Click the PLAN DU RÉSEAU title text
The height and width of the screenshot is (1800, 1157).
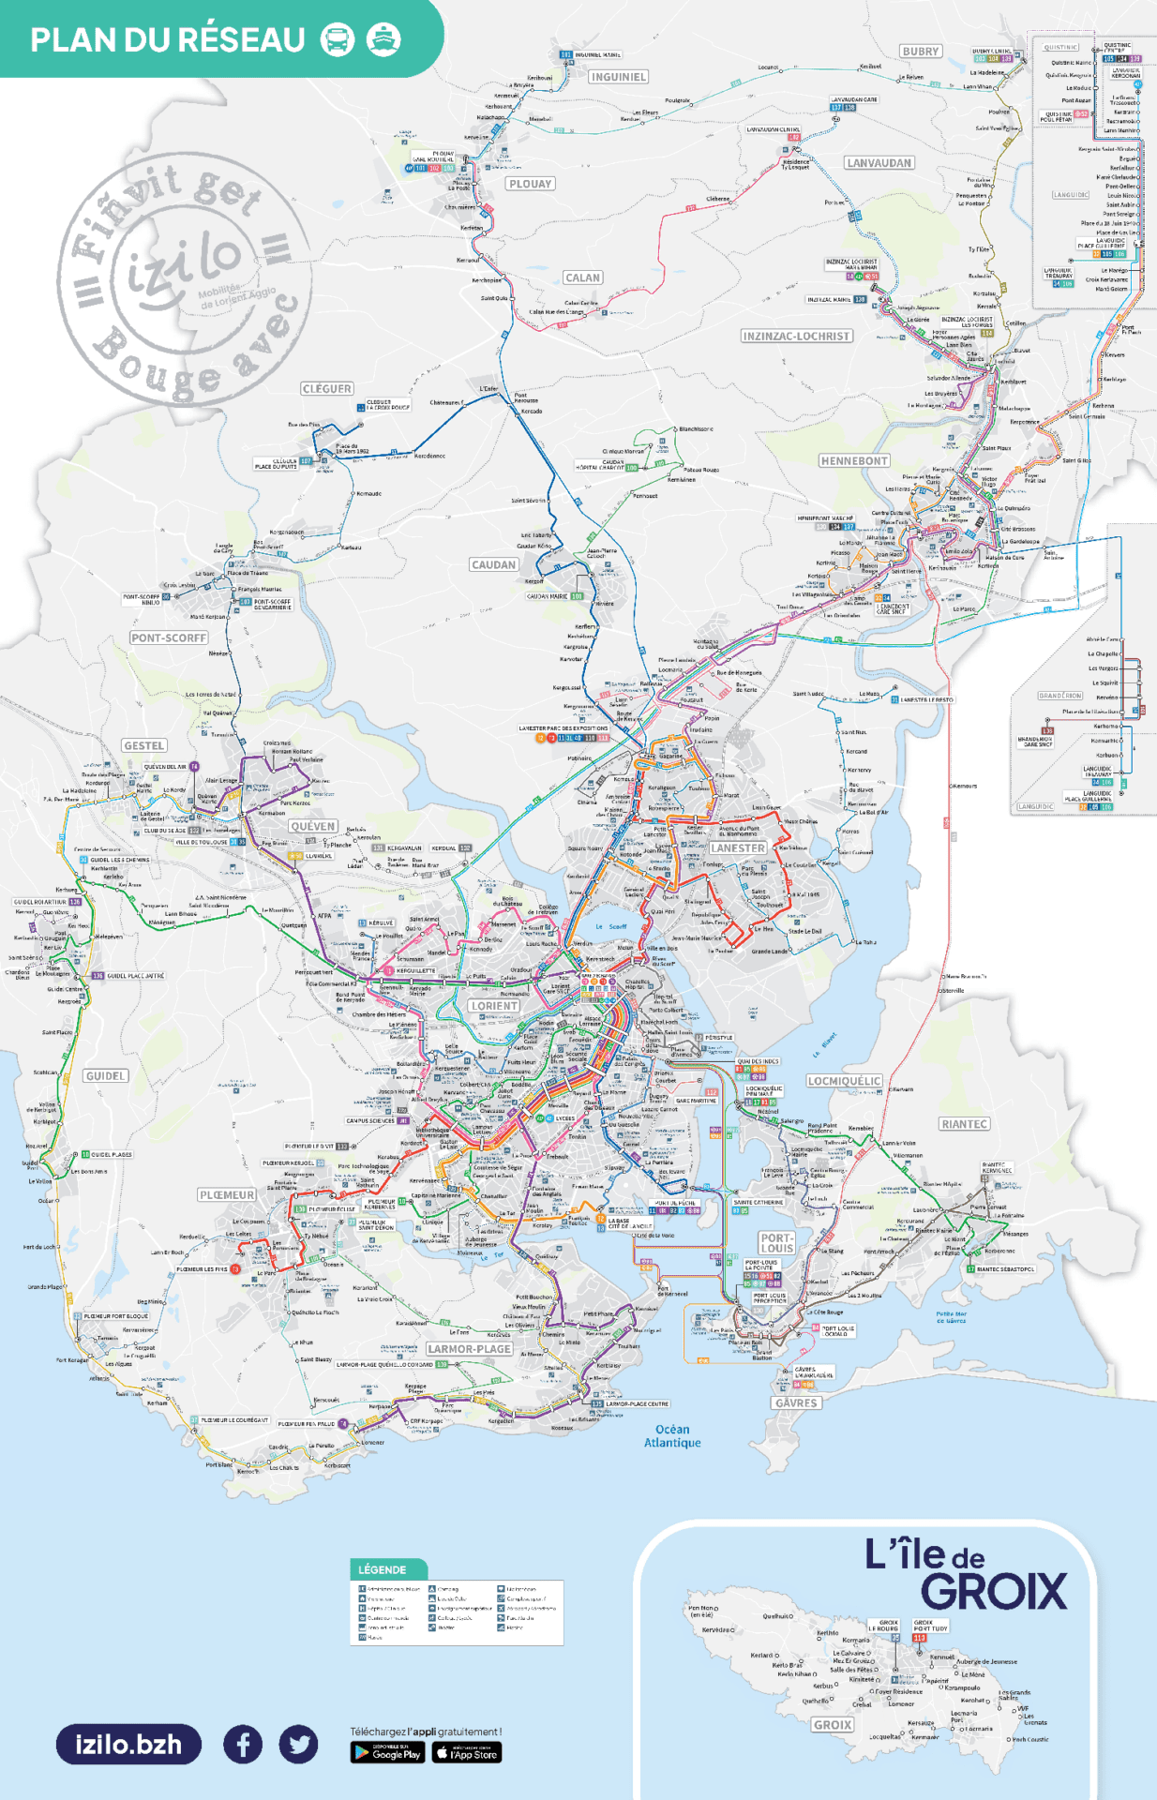click(x=168, y=40)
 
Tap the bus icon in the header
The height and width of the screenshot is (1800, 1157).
click(x=338, y=40)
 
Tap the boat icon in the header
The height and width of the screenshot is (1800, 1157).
click(x=383, y=39)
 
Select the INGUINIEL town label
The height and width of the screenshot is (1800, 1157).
click(x=618, y=77)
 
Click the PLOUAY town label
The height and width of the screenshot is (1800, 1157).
click(x=530, y=184)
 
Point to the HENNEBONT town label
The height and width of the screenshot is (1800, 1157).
click(x=854, y=461)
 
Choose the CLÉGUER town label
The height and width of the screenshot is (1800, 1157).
click(x=326, y=388)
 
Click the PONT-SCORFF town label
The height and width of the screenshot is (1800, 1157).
click(x=169, y=637)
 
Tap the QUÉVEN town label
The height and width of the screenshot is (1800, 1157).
click(x=313, y=826)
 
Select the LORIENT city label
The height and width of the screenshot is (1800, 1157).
click(x=494, y=1006)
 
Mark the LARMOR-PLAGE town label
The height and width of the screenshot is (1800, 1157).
click(x=469, y=1349)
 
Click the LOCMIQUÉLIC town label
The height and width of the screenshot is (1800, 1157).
click(x=844, y=1081)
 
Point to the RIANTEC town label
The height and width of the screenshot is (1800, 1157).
click(x=964, y=1124)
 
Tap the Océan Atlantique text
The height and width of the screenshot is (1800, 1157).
click(x=672, y=1436)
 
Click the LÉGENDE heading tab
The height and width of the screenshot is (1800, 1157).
click(x=383, y=1569)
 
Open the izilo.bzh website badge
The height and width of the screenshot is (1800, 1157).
click(x=128, y=1745)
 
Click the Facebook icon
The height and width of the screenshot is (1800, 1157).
click(x=243, y=1745)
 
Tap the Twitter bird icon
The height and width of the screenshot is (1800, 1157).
click(x=298, y=1745)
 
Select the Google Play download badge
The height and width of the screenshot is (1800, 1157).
click(x=387, y=1752)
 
